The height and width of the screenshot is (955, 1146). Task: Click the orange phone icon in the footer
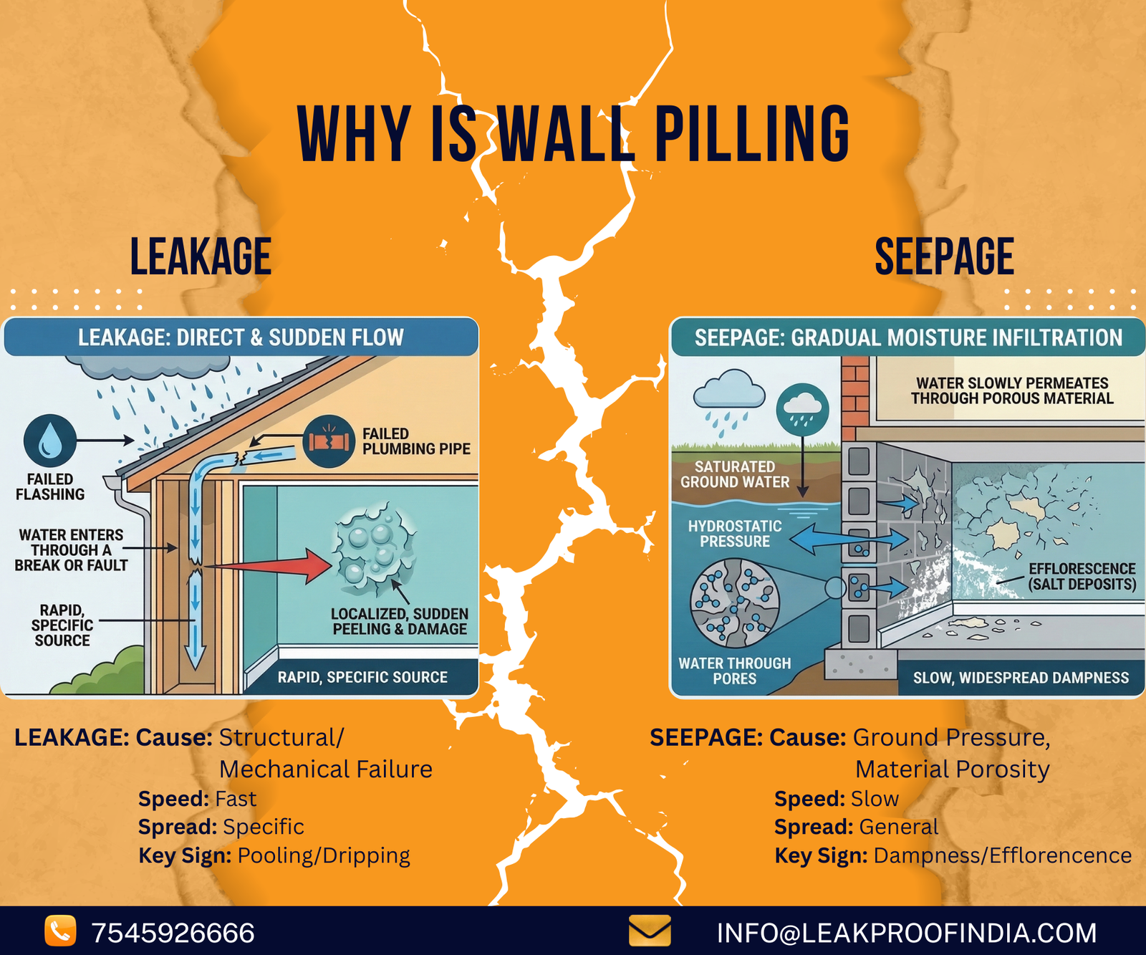click(x=60, y=931)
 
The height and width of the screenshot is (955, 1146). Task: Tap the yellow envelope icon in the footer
click(x=649, y=931)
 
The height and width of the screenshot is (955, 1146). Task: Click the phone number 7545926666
click(x=173, y=933)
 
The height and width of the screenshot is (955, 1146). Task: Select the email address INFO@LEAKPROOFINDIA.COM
click(x=906, y=933)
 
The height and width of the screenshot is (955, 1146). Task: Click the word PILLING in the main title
click(x=752, y=134)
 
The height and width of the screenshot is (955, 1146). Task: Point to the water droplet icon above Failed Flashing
click(x=49, y=440)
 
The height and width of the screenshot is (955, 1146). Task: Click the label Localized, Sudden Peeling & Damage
click(x=400, y=621)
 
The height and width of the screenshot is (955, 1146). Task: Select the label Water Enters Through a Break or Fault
click(x=71, y=550)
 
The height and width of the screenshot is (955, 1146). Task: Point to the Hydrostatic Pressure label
click(x=735, y=534)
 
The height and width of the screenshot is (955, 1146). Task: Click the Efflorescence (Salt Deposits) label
click(x=1082, y=576)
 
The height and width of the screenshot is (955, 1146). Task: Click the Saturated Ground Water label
click(x=735, y=474)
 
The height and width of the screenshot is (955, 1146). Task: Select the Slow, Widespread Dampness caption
click(x=1021, y=678)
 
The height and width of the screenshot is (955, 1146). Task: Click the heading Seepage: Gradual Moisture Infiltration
click(x=908, y=337)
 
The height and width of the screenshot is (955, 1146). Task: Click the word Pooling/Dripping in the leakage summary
click(x=324, y=855)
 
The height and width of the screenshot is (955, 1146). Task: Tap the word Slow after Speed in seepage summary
click(x=875, y=799)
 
